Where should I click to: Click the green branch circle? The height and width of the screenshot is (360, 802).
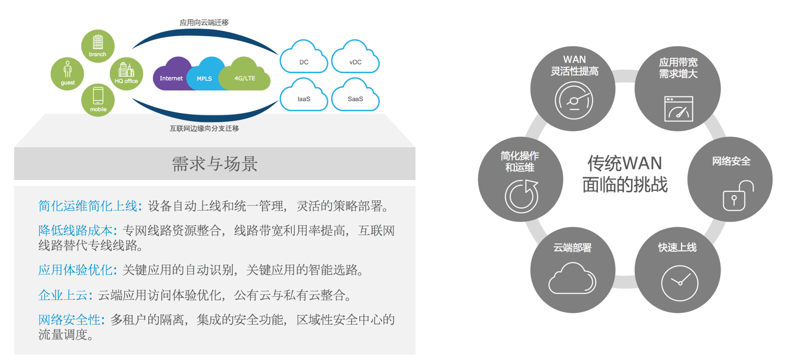97,45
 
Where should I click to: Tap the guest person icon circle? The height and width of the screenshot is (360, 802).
67,73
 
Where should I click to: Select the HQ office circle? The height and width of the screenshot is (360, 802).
126,73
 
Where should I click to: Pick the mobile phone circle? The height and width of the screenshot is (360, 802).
97,100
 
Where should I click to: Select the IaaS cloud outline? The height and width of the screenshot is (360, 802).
304,95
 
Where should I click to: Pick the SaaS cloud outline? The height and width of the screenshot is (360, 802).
355,95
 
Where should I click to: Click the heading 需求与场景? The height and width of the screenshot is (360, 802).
214,164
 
